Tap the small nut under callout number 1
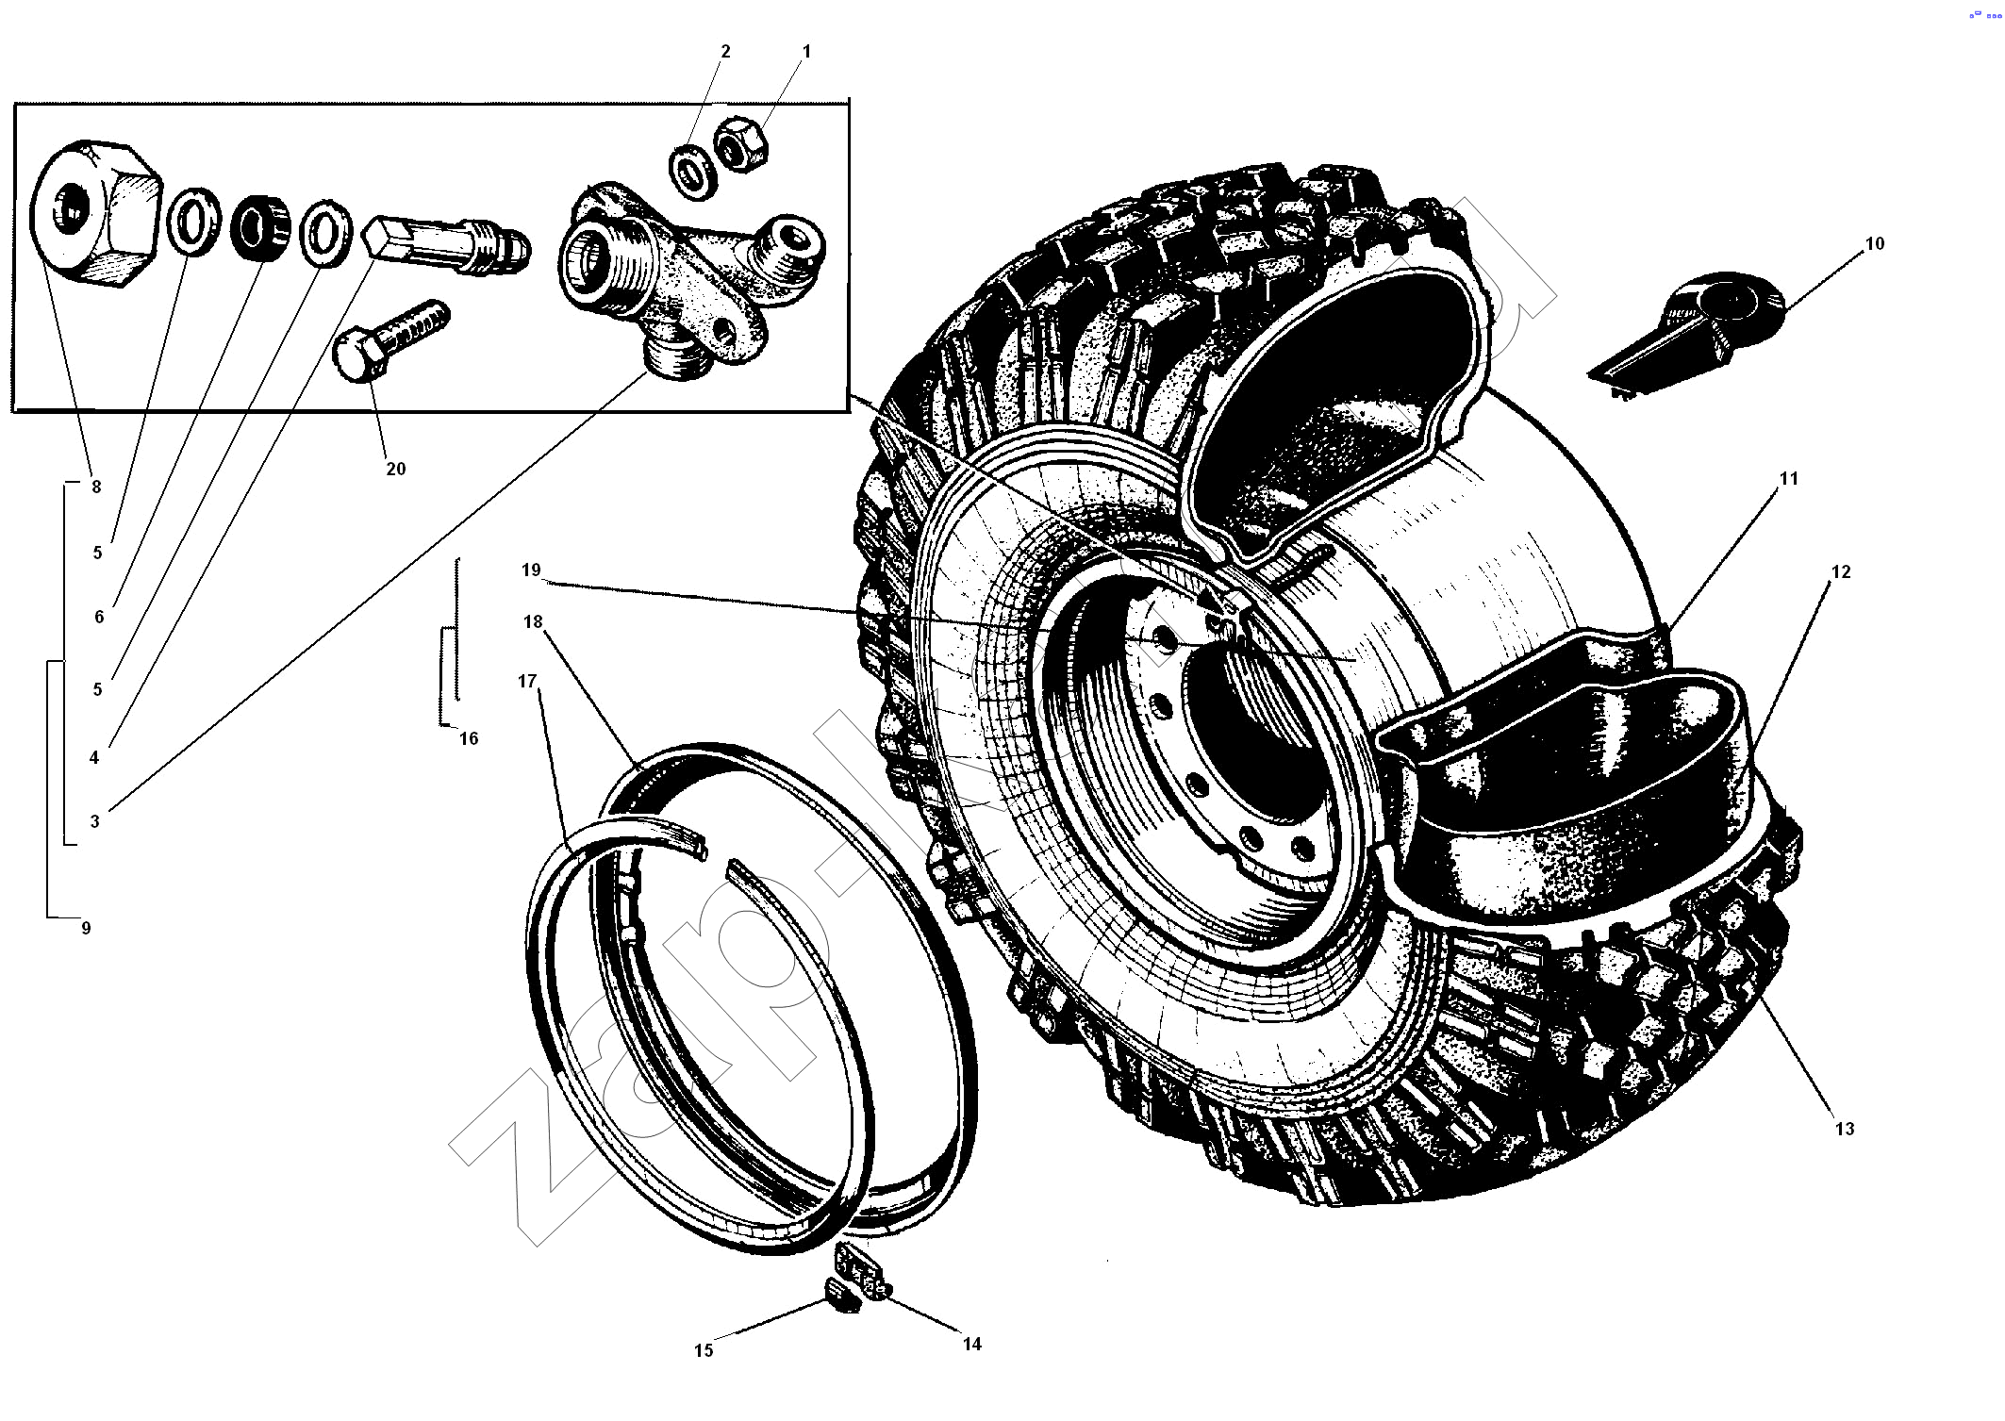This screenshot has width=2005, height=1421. (x=740, y=144)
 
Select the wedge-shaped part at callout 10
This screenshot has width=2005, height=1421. (x=1688, y=335)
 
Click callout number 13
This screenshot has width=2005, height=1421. (x=1844, y=1129)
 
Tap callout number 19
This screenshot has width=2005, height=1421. (x=531, y=570)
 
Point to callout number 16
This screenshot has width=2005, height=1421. (x=469, y=738)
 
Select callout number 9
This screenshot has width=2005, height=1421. (x=86, y=928)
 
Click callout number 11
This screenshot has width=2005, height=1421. (x=1788, y=479)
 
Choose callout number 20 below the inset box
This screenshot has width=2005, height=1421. (x=395, y=469)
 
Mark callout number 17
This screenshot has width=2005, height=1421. (x=527, y=681)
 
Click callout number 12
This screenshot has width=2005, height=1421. (x=1840, y=571)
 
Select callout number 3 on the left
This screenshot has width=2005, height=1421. (x=94, y=821)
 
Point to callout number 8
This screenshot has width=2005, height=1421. (x=95, y=487)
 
